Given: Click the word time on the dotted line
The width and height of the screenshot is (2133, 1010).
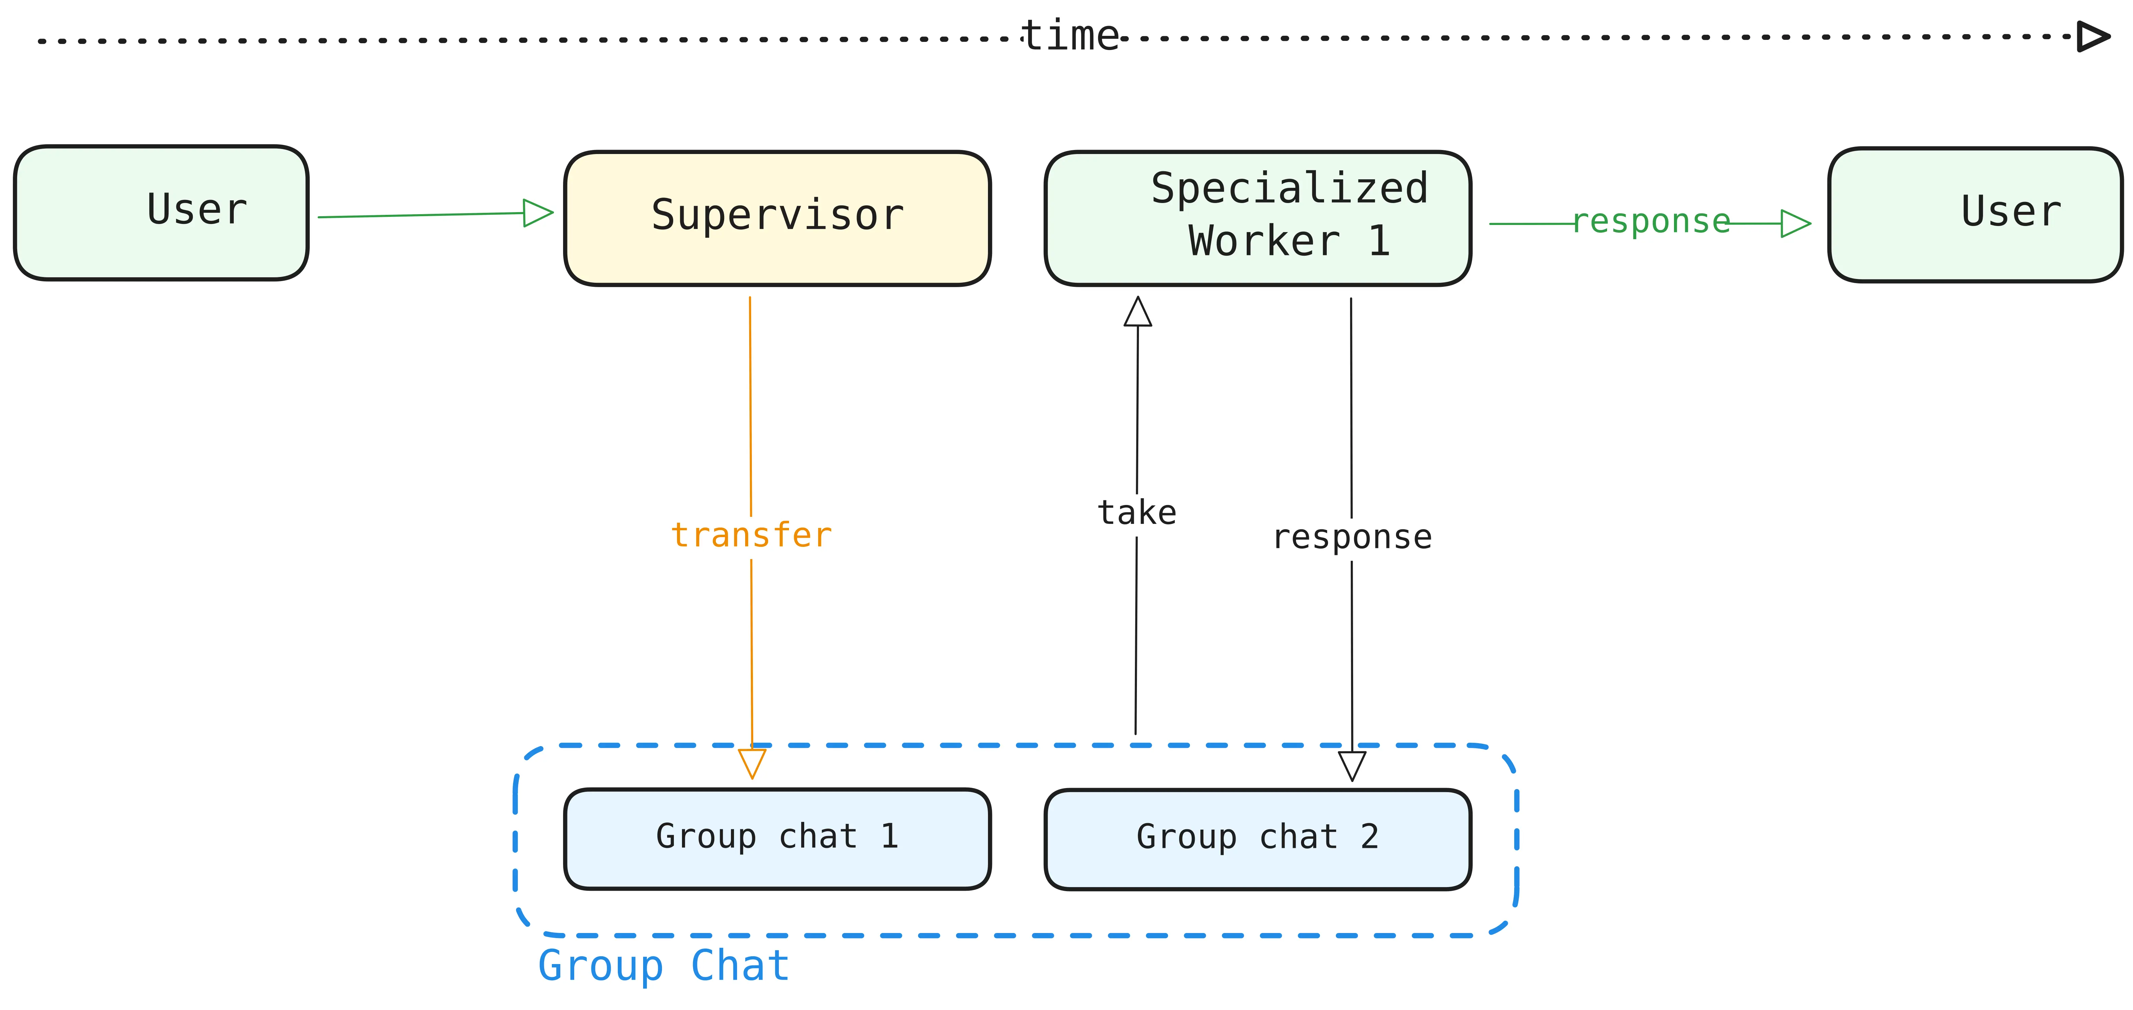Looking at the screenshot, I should (1070, 36).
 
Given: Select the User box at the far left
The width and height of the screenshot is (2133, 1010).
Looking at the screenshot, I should (161, 213).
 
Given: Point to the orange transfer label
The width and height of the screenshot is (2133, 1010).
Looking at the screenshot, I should (751, 536).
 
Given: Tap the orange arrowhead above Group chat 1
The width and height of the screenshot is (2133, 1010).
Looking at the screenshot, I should (752, 762).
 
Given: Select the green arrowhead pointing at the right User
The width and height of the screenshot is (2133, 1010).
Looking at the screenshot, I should (1795, 224).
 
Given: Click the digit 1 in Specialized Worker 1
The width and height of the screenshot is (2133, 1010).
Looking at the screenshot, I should (1379, 242).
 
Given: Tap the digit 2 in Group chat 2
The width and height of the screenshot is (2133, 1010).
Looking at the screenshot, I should (1370, 837).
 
